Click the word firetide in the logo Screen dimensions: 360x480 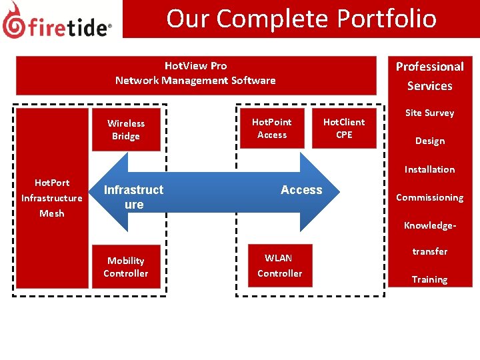point(69,27)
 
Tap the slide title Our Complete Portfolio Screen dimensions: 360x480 point(301,19)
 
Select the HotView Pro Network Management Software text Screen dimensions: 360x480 point(195,73)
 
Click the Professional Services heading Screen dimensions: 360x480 point(429,76)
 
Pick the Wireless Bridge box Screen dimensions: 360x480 point(126,129)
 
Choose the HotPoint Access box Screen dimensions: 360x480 point(272,128)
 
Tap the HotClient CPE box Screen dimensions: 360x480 point(344,128)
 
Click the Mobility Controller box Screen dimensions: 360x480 point(126,267)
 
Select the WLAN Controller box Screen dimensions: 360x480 point(279,265)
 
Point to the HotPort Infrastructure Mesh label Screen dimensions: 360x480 point(52,198)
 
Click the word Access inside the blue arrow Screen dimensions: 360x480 point(301,190)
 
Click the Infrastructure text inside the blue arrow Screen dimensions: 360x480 point(133,197)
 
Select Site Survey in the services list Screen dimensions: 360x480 point(429,113)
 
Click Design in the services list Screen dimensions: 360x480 point(429,141)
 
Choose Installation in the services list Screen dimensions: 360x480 point(429,169)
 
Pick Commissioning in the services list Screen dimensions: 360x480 point(429,197)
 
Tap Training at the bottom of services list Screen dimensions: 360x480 point(429,279)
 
